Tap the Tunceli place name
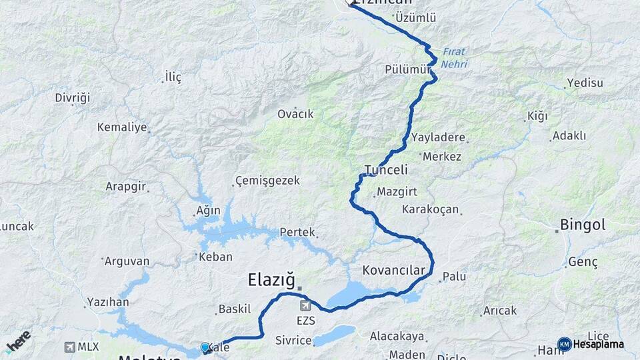tap(386, 169)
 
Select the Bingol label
tap(583, 225)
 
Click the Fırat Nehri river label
tap(453, 58)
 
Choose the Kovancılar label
tap(393, 270)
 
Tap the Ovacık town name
tap(295, 114)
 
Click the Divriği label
tap(72, 98)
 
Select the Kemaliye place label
tap(121, 127)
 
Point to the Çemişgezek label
tap(267, 181)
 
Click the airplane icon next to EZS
tap(305, 306)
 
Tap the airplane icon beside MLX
tap(70, 347)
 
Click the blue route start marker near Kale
tap(205, 347)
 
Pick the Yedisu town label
tap(584, 83)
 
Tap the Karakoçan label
tap(431, 209)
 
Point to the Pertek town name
tap(297, 232)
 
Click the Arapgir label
tap(125, 187)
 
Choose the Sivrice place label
tap(293, 341)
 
